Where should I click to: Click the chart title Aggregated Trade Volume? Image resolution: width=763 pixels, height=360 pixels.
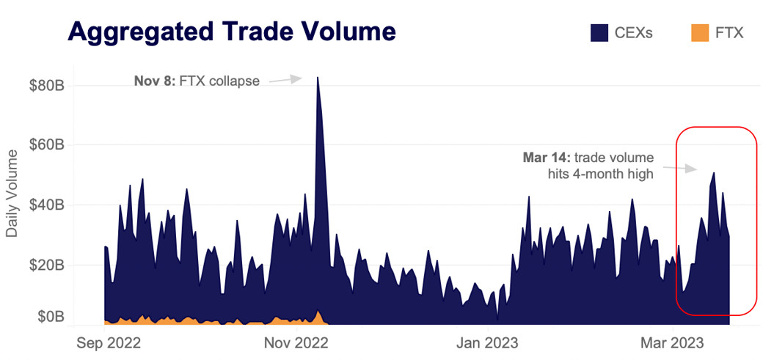click(x=232, y=32)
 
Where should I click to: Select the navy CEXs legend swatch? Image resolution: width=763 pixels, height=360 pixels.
click(x=599, y=33)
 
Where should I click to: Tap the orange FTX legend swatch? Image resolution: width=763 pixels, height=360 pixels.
click(x=701, y=33)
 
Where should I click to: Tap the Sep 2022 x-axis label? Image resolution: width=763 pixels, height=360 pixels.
click(x=109, y=342)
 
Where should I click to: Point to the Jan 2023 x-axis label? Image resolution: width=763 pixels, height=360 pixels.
click(x=487, y=342)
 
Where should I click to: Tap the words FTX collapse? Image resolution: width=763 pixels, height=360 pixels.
click(x=219, y=81)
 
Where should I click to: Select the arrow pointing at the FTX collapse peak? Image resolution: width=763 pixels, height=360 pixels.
click(x=285, y=79)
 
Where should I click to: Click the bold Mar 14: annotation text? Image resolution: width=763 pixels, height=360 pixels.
click(x=546, y=157)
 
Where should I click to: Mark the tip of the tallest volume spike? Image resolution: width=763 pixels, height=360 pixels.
click(x=318, y=77)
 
